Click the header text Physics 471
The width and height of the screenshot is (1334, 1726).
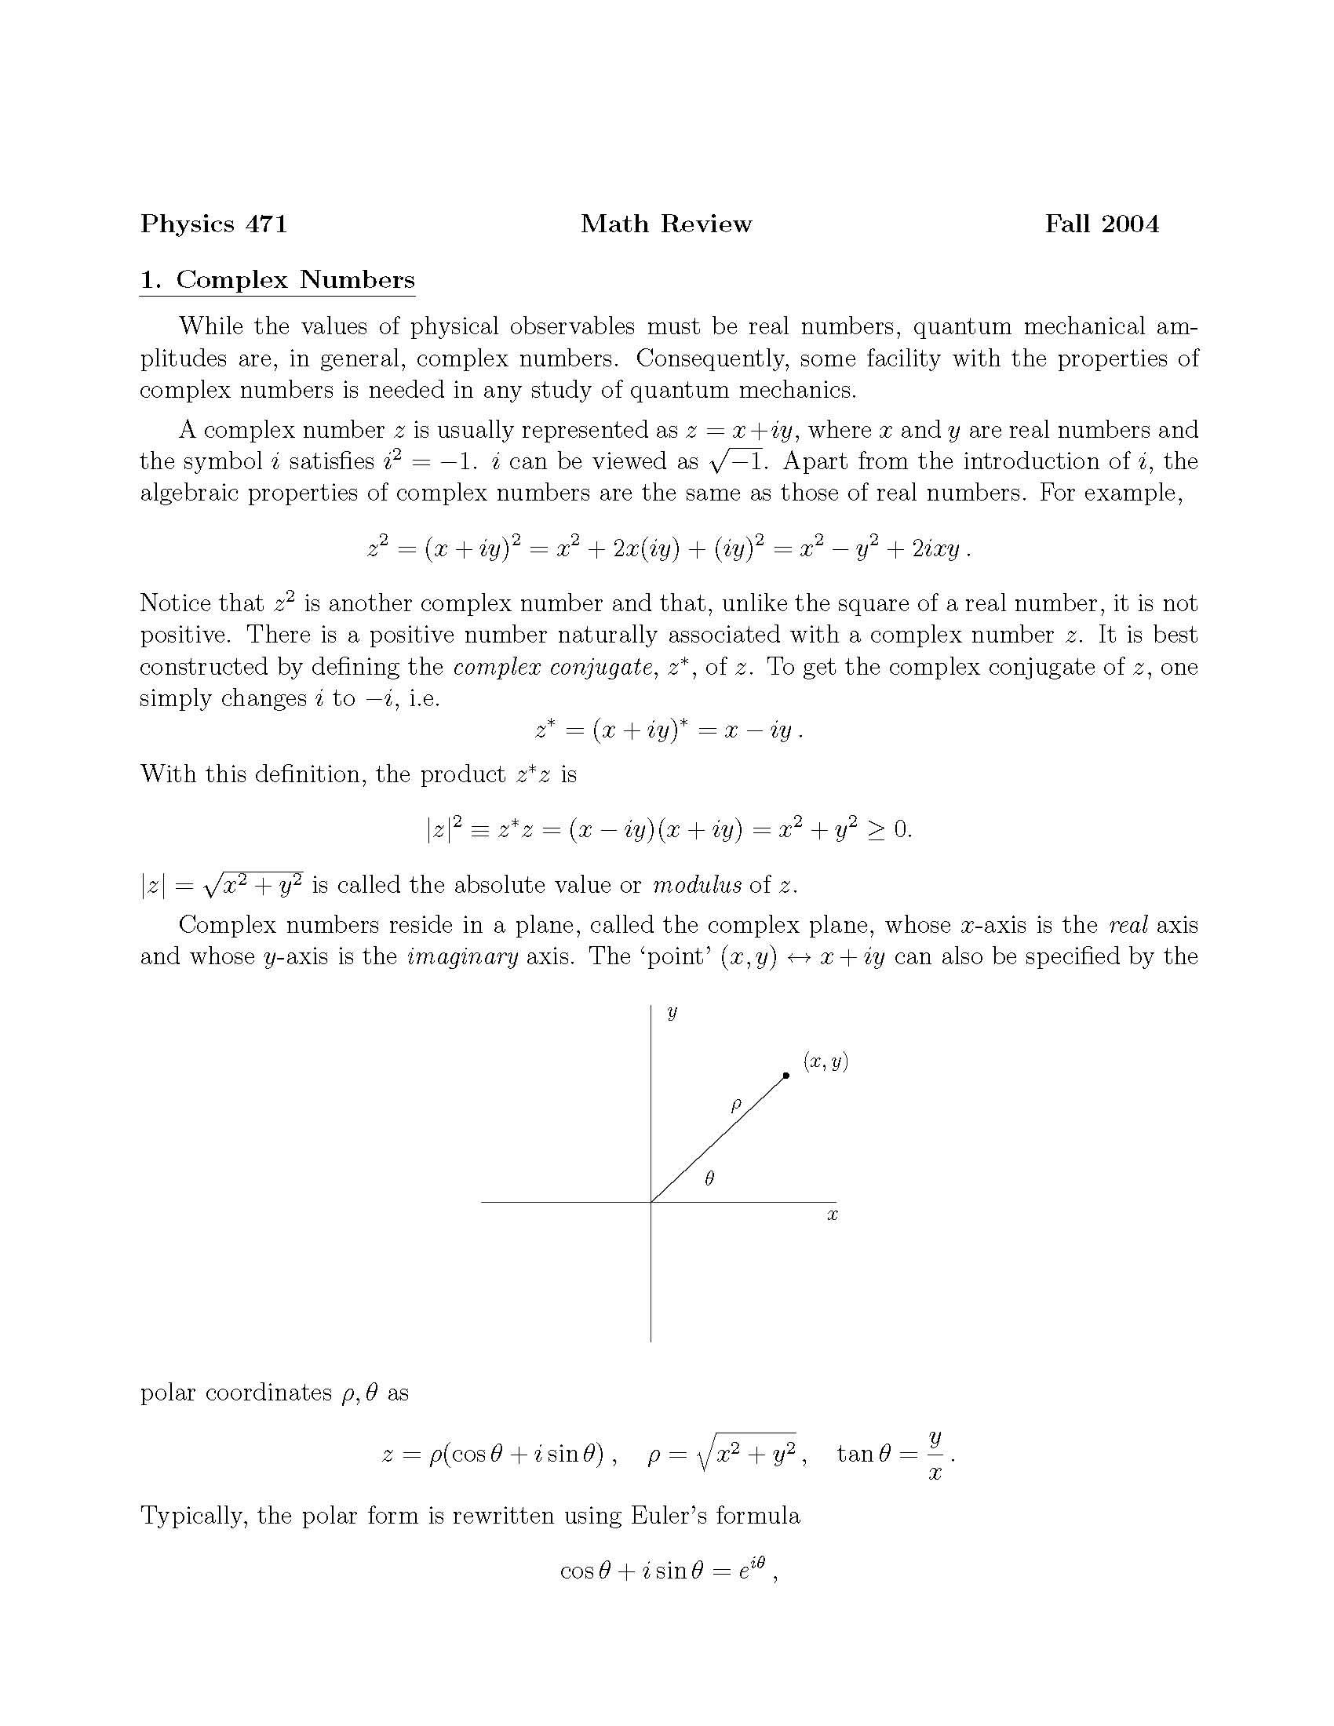(x=213, y=224)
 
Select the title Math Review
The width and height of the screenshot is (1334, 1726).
(x=665, y=224)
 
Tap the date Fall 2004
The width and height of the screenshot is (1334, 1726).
(x=1102, y=224)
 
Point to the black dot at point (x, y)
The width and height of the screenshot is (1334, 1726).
(x=785, y=1076)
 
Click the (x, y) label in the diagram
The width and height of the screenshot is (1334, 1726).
(x=826, y=1061)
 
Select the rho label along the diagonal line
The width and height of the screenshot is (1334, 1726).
(x=736, y=1105)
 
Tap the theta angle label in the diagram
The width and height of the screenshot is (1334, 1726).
(x=709, y=1178)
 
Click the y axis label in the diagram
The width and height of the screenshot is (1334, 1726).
(x=672, y=1012)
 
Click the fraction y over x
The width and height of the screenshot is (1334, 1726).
(x=935, y=1454)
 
